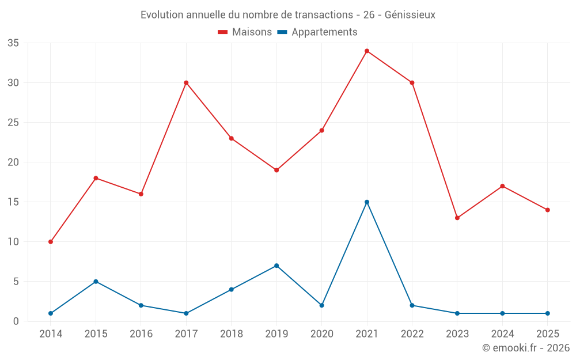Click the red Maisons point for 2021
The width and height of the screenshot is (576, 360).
tap(367, 51)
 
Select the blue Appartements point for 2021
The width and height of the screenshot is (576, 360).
tap(367, 202)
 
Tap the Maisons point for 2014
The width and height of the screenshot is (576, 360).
tap(51, 242)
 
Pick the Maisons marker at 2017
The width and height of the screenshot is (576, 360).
tap(186, 82)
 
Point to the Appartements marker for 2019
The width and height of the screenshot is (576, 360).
tap(276, 266)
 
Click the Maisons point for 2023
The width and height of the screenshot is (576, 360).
tap(457, 218)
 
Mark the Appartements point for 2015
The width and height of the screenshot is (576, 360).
tap(96, 282)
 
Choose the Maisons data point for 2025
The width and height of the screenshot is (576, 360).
tap(548, 210)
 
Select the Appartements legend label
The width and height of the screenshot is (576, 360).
tap(324, 32)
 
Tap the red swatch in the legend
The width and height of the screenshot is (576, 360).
tap(223, 32)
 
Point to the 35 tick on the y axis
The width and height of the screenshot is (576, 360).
tap(13, 43)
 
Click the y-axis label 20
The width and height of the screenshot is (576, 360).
tap(13, 162)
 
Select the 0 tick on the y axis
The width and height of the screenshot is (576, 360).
tap(16, 321)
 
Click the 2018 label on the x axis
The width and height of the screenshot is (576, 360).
tap(231, 334)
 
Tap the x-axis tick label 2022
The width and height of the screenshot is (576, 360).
tap(412, 334)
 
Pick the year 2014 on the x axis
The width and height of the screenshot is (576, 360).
tap(51, 334)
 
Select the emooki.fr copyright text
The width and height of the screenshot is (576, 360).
tap(525, 348)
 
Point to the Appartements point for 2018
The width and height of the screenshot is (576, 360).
tap(231, 290)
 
